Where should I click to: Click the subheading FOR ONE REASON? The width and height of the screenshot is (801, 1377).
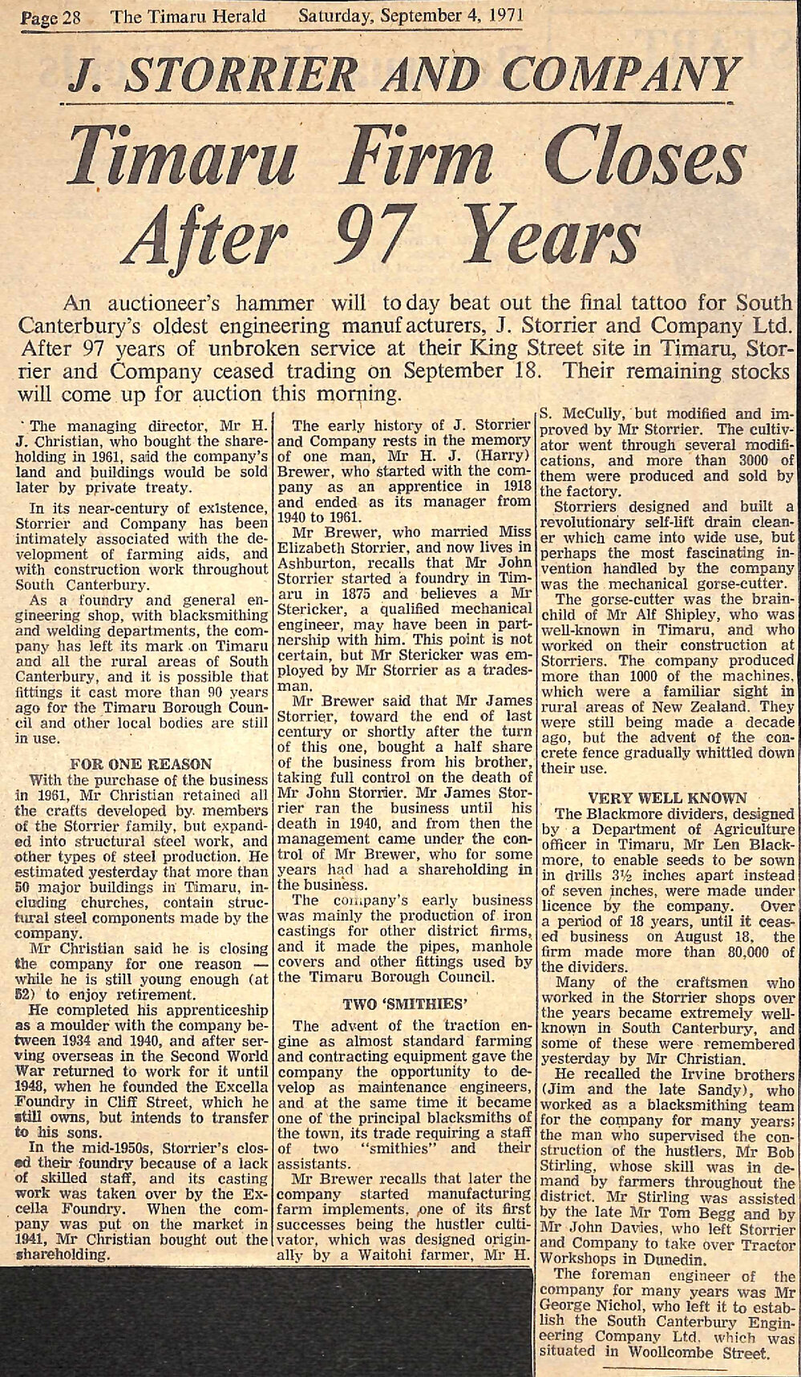(142, 764)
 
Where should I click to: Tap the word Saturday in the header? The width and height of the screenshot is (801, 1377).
(336, 14)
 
